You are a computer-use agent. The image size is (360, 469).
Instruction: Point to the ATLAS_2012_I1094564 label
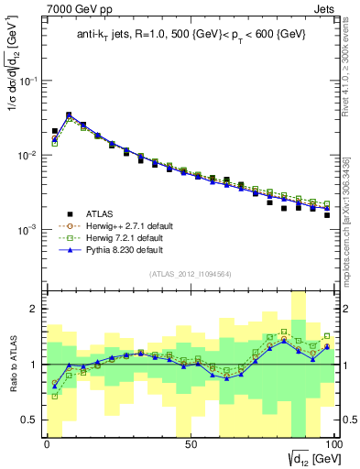point(189,273)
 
